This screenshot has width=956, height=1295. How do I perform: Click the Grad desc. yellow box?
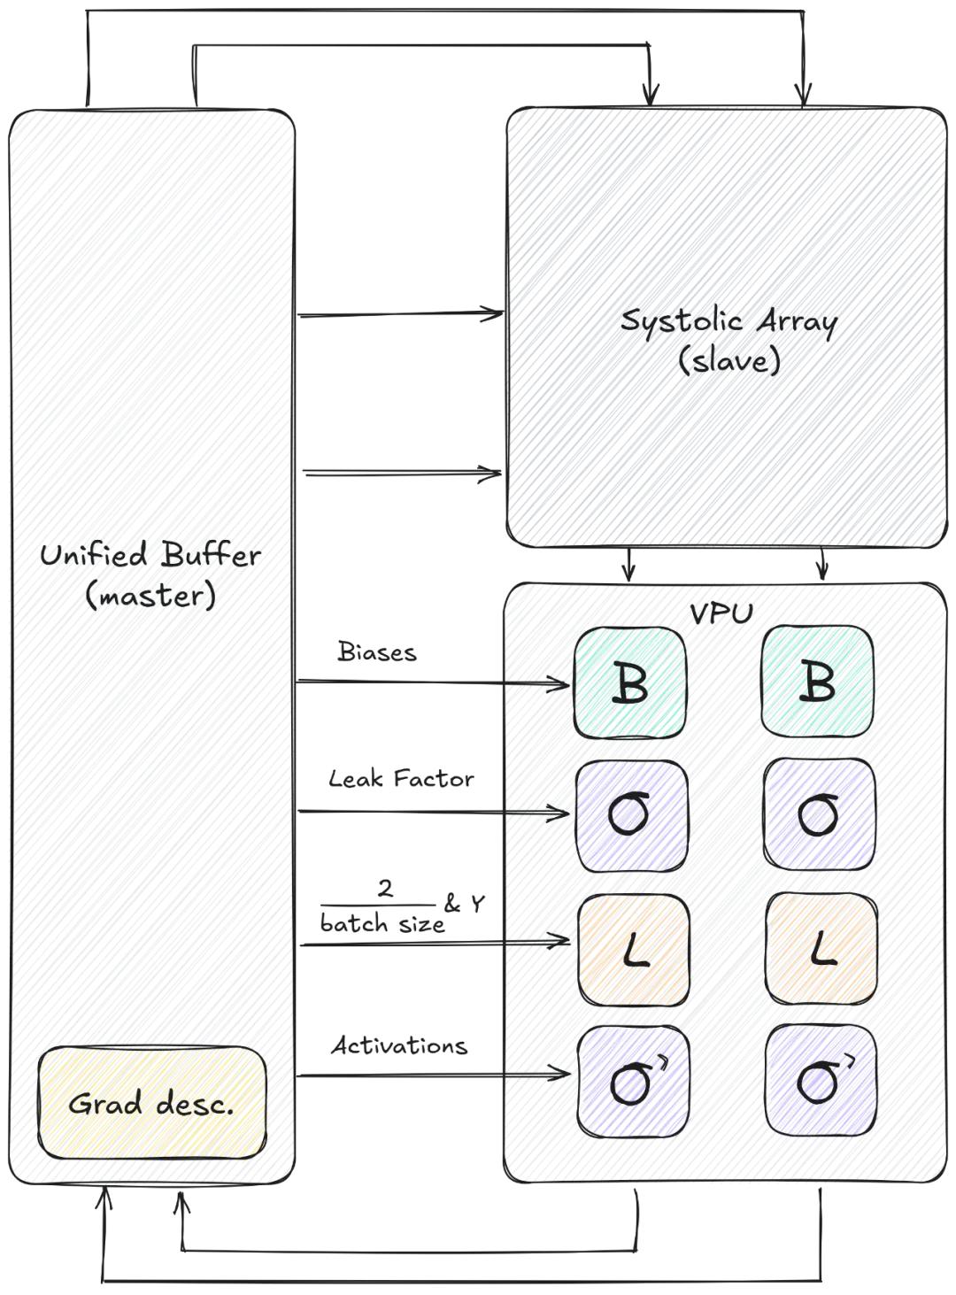(151, 1103)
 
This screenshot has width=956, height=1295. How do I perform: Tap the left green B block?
(630, 682)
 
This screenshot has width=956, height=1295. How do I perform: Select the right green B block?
(817, 682)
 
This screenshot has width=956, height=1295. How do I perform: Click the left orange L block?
(634, 949)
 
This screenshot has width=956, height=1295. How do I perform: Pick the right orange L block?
(821, 949)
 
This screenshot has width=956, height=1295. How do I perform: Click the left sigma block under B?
(631, 814)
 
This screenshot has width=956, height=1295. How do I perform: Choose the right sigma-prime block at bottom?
(821, 1080)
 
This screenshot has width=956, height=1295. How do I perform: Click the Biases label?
(377, 652)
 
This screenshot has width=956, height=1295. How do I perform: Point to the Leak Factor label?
(401, 779)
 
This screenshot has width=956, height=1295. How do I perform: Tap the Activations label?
(399, 1045)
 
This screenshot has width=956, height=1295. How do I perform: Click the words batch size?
(382, 923)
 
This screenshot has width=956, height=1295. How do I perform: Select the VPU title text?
(721, 613)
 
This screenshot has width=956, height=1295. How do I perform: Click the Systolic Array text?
(729, 320)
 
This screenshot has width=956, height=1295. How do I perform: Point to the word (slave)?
(729, 360)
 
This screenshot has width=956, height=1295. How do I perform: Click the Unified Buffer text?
(150, 555)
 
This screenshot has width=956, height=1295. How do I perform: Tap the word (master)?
(150, 595)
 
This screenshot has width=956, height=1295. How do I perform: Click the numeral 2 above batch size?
(385, 888)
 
